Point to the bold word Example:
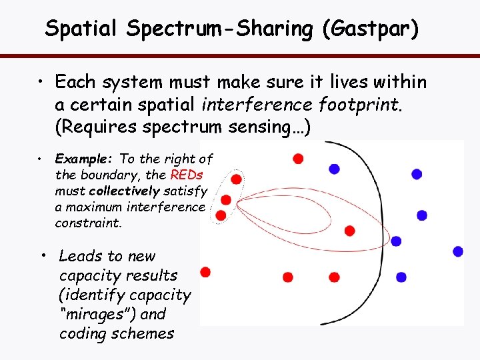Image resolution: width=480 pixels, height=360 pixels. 85,159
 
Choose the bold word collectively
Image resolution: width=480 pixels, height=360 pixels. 124,191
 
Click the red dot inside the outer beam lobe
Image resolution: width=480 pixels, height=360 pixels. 349,231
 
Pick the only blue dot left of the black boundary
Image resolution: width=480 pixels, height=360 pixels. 334,169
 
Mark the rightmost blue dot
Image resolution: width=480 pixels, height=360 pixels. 458,251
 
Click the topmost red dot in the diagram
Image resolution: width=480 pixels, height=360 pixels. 298,158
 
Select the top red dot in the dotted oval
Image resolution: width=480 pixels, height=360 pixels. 236,179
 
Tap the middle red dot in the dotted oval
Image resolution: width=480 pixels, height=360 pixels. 226,199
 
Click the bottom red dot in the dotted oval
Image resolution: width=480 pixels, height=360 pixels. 221,215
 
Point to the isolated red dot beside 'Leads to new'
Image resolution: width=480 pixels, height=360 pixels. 205,271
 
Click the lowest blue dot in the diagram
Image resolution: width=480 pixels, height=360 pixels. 401,277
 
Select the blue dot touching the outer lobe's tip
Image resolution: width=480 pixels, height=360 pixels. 396,241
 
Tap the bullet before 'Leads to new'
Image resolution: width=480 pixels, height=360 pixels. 42,256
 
